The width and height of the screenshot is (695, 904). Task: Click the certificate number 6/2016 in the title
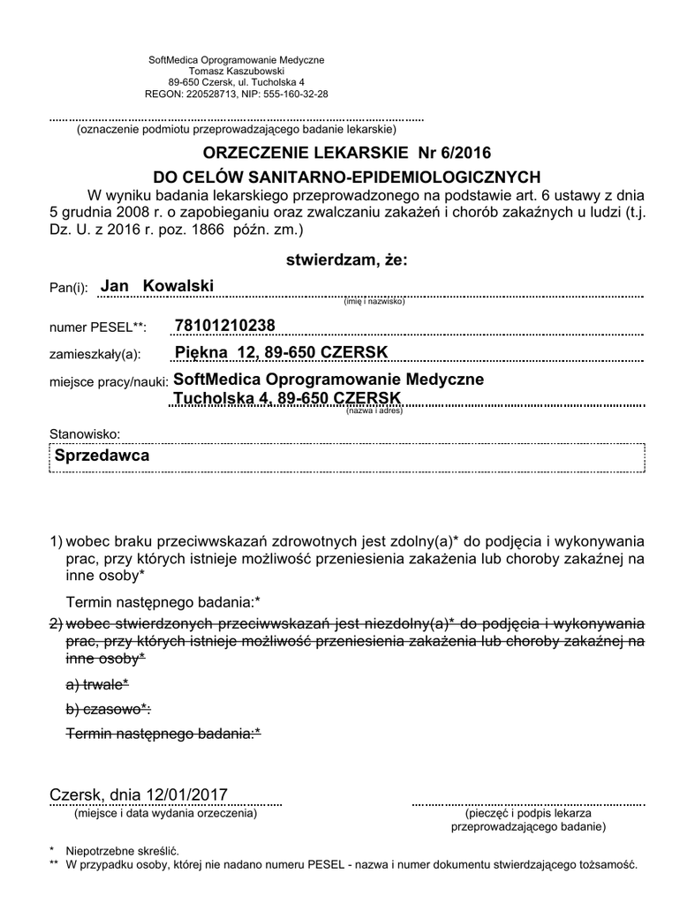[460, 153]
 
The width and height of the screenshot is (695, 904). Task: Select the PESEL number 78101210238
[225, 327]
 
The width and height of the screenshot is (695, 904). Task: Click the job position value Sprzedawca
[102, 456]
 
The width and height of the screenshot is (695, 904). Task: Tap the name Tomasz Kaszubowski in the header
[236, 71]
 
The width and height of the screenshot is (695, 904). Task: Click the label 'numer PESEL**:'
[98, 328]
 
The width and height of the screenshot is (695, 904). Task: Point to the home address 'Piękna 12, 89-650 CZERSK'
[281, 353]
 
